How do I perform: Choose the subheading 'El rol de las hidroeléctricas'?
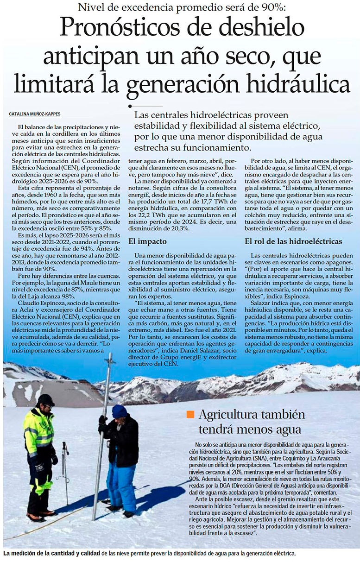tap(293, 241)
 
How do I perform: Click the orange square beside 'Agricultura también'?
tap(190, 414)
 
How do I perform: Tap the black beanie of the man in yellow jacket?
tap(46, 399)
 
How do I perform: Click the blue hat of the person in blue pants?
tap(120, 410)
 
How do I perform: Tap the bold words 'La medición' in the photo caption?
tap(20, 553)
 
